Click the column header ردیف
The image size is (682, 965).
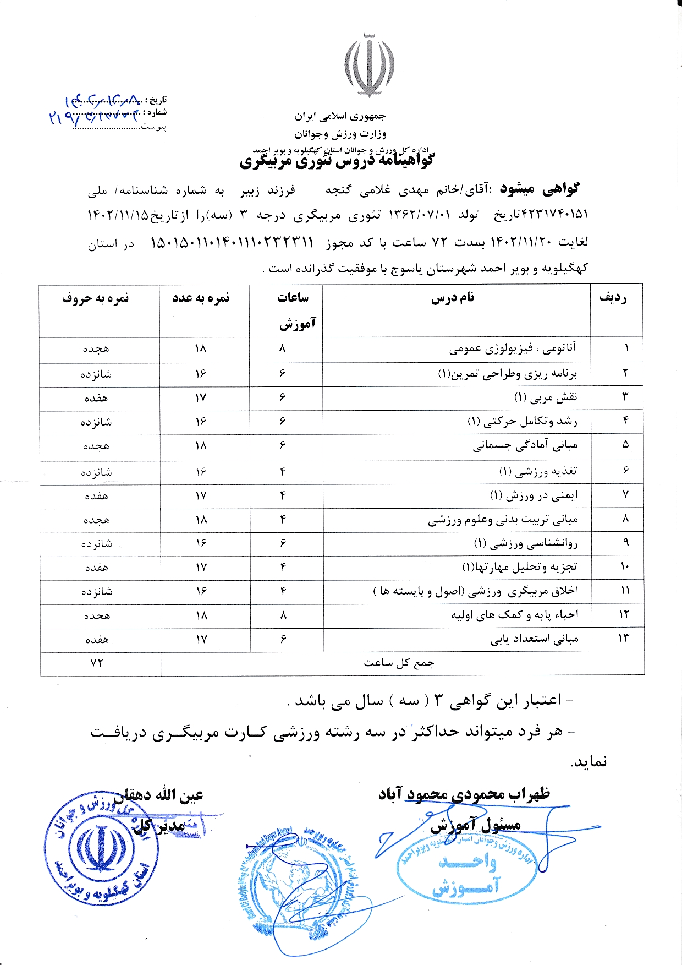click(613, 298)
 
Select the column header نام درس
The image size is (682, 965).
click(452, 298)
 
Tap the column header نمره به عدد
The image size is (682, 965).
click(201, 298)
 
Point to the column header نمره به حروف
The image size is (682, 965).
click(96, 298)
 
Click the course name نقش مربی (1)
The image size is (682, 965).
click(546, 397)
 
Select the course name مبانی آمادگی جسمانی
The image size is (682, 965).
click(525, 445)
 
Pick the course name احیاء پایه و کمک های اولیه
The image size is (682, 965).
click(515, 615)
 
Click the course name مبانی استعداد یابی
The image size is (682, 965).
click(535, 639)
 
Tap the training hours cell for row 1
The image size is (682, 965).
click(283, 348)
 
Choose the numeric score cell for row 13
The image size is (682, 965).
click(201, 639)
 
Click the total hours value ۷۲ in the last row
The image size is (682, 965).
click(97, 663)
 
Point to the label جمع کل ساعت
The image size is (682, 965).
click(399, 663)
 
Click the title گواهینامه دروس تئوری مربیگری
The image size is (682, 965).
click(337, 161)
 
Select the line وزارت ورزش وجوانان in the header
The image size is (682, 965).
click(340, 134)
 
